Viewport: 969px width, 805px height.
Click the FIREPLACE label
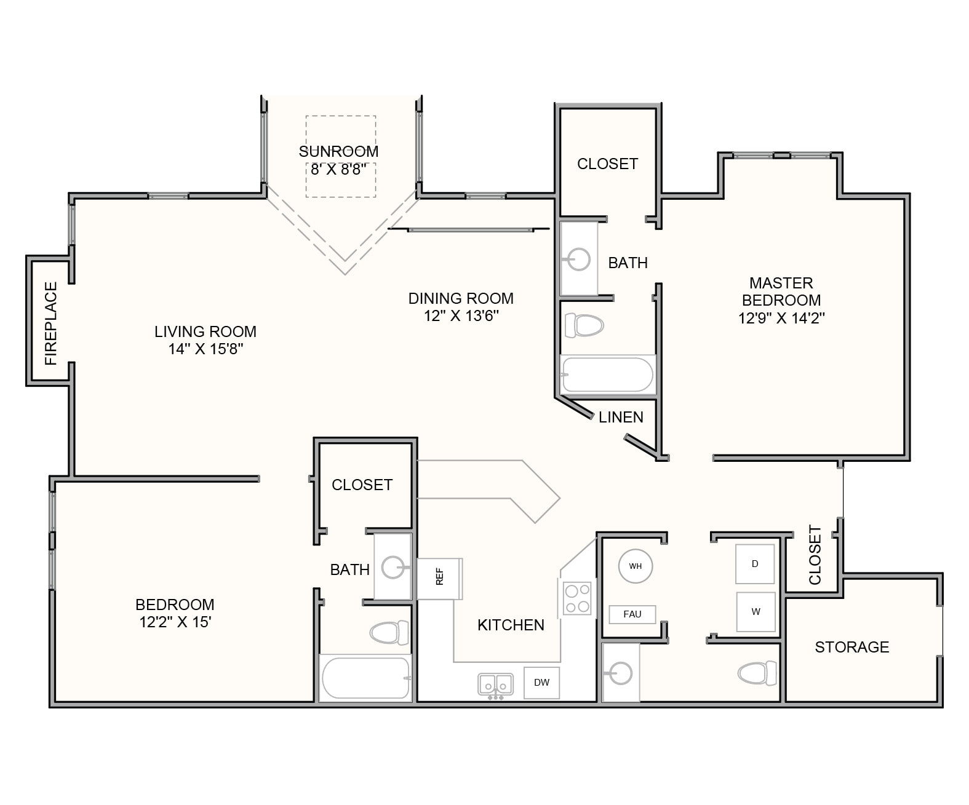point(50,323)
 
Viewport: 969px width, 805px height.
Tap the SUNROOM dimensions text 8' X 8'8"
point(338,169)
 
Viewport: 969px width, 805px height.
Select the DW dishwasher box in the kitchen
point(541,682)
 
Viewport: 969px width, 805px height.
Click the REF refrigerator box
point(439,578)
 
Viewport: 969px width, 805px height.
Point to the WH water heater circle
point(635,566)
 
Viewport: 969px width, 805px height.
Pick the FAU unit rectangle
point(632,614)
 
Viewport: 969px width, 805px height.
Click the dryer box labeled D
point(755,563)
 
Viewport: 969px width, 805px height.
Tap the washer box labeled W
point(755,612)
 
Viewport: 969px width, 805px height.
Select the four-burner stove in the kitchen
point(578,599)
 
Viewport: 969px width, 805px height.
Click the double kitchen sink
point(496,684)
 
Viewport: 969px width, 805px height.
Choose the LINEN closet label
point(621,417)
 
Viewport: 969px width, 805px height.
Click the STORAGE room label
point(851,647)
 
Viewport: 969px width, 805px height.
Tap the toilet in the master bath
point(584,325)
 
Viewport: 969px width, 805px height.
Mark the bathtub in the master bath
point(608,375)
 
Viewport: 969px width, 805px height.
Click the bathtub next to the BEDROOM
point(365,678)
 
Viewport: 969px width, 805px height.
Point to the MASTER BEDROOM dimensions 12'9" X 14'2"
point(781,318)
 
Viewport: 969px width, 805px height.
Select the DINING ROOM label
point(461,298)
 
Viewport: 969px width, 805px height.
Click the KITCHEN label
point(511,625)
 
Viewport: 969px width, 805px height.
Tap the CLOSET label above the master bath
point(607,164)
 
